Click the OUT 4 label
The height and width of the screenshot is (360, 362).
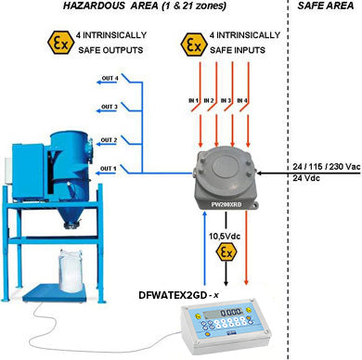pyautogui.click(x=108, y=77)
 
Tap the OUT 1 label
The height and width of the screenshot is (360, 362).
pyautogui.click(x=108, y=167)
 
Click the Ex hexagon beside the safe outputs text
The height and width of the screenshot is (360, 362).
pyautogui.click(x=39, y=42)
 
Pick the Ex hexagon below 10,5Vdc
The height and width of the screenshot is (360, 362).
pyautogui.click(x=225, y=251)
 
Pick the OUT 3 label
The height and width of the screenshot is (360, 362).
pyautogui.click(x=108, y=107)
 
